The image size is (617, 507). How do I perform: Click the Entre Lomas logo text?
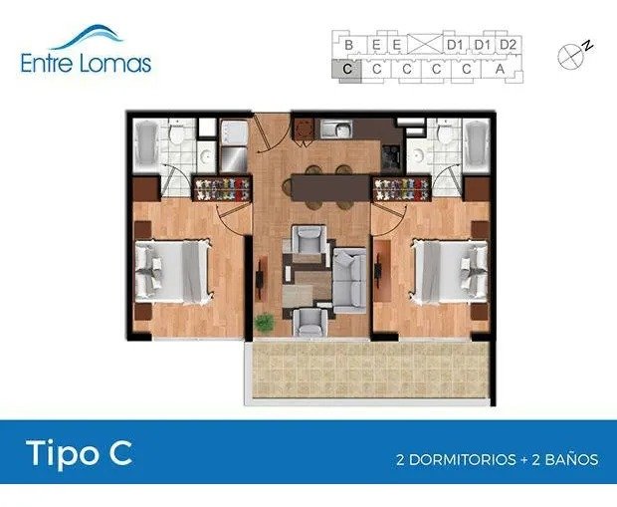pyautogui.click(x=86, y=64)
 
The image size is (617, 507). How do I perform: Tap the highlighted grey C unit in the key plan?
pyautogui.click(x=346, y=70)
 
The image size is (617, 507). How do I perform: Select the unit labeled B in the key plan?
pyautogui.click(x=348, y=45)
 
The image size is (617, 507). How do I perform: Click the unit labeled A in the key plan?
pyautogui.click(x=500, y=70)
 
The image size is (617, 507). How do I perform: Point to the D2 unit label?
pyautogui.click(x=508, y=45)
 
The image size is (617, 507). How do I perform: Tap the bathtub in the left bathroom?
pyautogui.click(x=146, y=145)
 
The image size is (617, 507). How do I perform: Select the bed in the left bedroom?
pyautogui.click(x=173, y=272)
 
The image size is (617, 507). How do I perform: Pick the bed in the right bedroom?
pyautogui.click(x=450, y=272)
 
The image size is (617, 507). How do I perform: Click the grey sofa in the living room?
pyautogui.click(x=349, y=281)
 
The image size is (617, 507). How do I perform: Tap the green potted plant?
pyautogui.click(x=265, y=323)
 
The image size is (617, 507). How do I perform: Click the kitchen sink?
pyautogui.click(x=335, y=128)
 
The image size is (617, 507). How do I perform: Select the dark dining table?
pyautogui.click(x=331, y=188)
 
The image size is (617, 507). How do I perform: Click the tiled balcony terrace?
pyautogui.click(x=370, y=371)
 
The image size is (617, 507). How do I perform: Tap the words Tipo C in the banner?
pyautogui.click(x=79, y=454)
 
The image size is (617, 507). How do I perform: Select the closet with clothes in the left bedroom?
pyautogui.click(x=222, y=188)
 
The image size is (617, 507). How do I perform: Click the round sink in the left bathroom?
pyautogui.click(x=206, y=156)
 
